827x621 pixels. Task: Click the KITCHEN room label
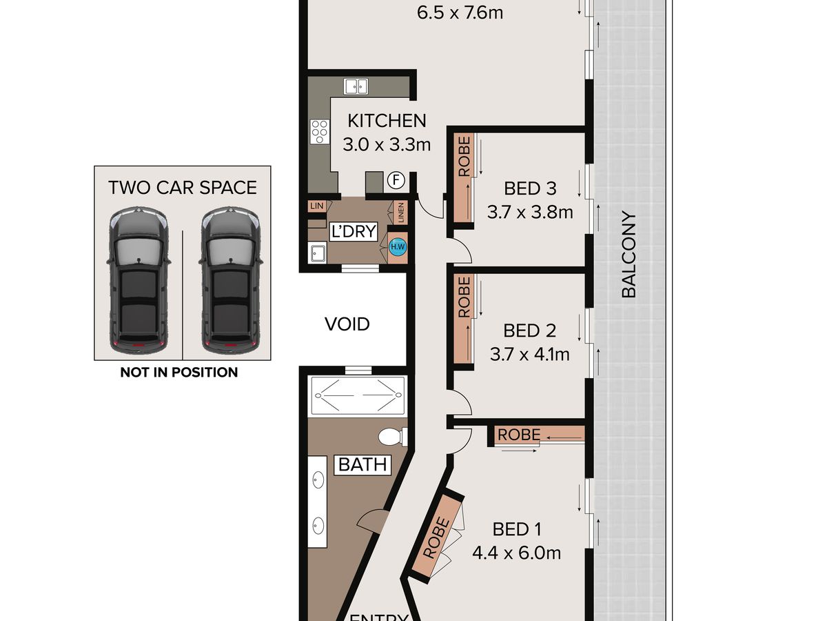click(x=387, y=121)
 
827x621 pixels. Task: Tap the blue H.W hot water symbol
click(x=398, y=247)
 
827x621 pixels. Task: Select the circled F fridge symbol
click(x=396, y=180)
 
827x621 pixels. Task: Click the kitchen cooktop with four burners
click(x=320, y=131)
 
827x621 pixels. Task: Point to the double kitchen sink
click(x=356, y=86)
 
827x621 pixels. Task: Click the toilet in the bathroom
click(x=393, y=437)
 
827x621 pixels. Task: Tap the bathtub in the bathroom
click(x=358, y=396)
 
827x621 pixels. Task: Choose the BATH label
click(x=363, y=464)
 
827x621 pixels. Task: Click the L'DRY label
click(x=354, y=230)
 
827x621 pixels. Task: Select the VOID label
click(x=347, y=324)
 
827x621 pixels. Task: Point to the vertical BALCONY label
click(x=629, y=254)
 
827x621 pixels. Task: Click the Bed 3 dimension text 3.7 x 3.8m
click(x=530, y=212)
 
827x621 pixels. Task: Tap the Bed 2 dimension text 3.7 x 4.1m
click(x=530, y=355)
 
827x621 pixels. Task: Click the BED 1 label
click(x=517, y=529)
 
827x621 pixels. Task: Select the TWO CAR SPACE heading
click(x=183, y=188)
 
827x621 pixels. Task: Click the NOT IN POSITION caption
click(x=179, y=373)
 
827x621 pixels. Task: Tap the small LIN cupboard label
click(x=317, y=206)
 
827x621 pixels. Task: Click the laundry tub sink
click(x=317, y=253)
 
